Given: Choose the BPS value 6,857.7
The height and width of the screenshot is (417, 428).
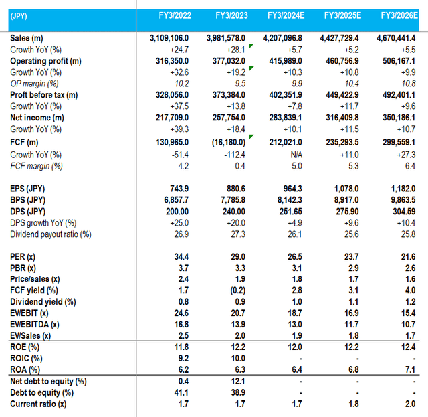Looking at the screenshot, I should tap(176, 199).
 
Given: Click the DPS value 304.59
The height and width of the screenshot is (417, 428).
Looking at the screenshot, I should tap(402, 211).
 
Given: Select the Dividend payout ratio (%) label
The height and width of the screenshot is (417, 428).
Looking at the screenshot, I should tap(51, 234).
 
